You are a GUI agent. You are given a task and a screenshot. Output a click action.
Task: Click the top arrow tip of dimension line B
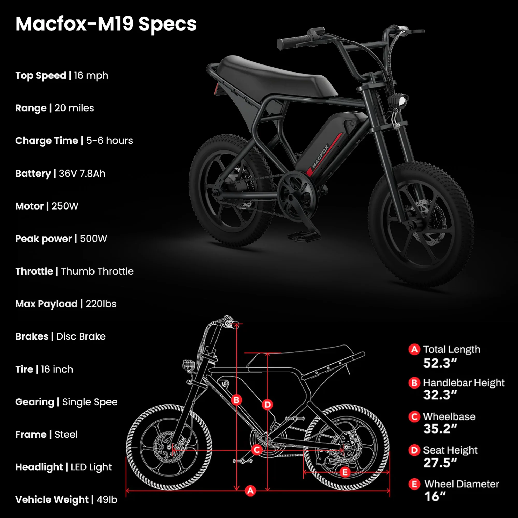pos(236,323)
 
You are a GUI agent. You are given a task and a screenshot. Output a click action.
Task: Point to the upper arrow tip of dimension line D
pos(268,353)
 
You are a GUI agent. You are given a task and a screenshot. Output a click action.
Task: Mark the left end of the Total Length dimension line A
pos(126,491)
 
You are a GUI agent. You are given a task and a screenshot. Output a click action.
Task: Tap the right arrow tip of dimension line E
pos(389,472)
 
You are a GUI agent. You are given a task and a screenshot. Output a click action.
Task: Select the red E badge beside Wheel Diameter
pos(414,484)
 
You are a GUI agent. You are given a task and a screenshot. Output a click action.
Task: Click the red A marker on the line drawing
pos(250,491)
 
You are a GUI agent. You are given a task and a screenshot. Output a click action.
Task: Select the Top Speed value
pos(91,76)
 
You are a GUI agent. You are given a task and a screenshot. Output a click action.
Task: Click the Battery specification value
pos(82,174)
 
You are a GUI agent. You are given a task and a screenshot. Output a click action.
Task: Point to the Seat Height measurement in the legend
pos(440,463)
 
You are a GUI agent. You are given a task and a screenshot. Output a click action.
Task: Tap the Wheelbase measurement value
pos(440,429)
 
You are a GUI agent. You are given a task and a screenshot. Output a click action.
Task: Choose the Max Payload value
pos(101,304)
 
